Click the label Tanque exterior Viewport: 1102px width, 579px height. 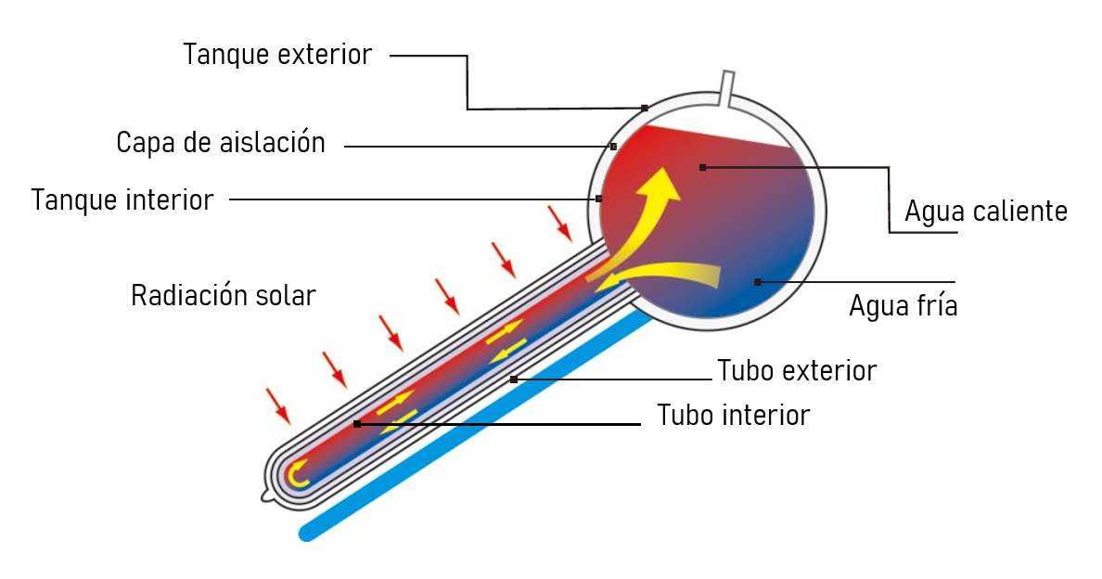point(277,55)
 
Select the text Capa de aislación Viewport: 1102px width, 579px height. point(221,143)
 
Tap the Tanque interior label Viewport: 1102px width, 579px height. point(122,200)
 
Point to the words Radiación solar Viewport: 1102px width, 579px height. point(224,295)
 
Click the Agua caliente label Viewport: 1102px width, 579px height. point(986,212)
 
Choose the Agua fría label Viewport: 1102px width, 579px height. point(903,306)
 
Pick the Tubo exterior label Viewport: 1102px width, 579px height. point(797,371)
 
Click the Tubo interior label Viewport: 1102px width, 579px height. point(733,416)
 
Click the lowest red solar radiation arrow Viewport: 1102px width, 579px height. point(278,406)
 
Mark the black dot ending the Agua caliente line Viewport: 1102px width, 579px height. point(703,167)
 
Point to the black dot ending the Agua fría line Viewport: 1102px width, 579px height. point(758,282)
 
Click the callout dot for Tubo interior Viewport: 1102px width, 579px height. point(357,424)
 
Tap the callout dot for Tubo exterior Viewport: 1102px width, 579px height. point(514,380)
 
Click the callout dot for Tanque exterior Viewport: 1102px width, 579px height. point(645,109)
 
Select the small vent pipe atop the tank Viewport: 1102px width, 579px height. point(727,88)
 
